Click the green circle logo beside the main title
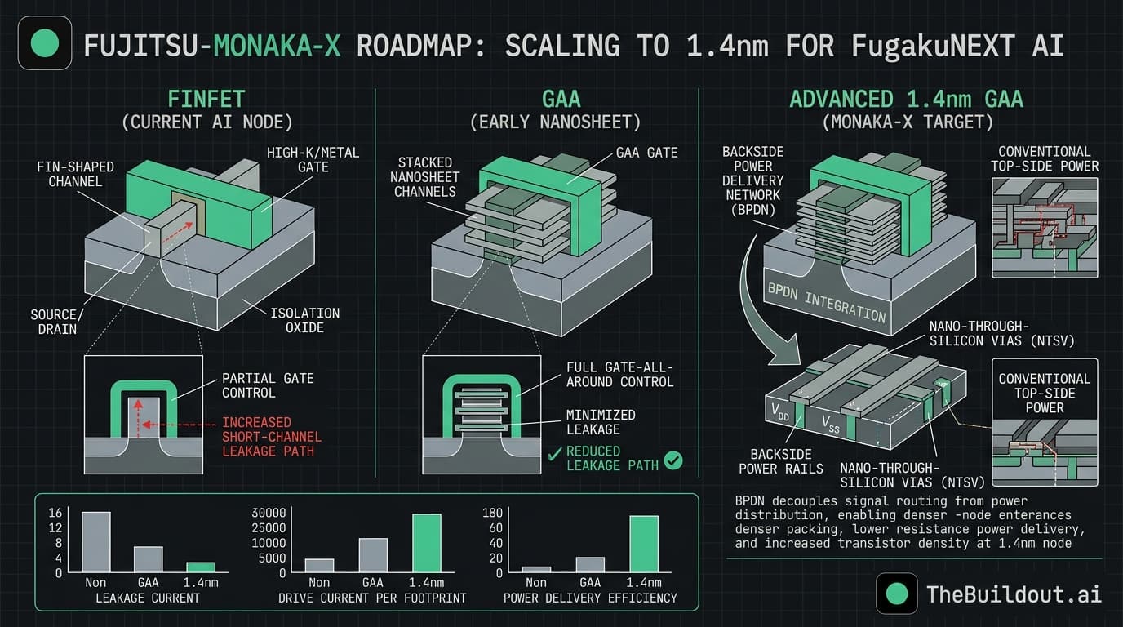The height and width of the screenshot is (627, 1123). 44,43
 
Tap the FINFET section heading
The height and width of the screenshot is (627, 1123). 206,100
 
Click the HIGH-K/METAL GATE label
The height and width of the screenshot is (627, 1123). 313,159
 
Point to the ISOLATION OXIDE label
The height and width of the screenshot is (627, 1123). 306,320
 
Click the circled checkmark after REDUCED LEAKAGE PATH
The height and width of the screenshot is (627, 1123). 673,460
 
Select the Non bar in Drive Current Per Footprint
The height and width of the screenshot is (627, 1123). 319,565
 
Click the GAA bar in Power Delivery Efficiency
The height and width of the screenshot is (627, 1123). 590,564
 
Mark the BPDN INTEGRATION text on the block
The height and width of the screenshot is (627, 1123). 825,300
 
